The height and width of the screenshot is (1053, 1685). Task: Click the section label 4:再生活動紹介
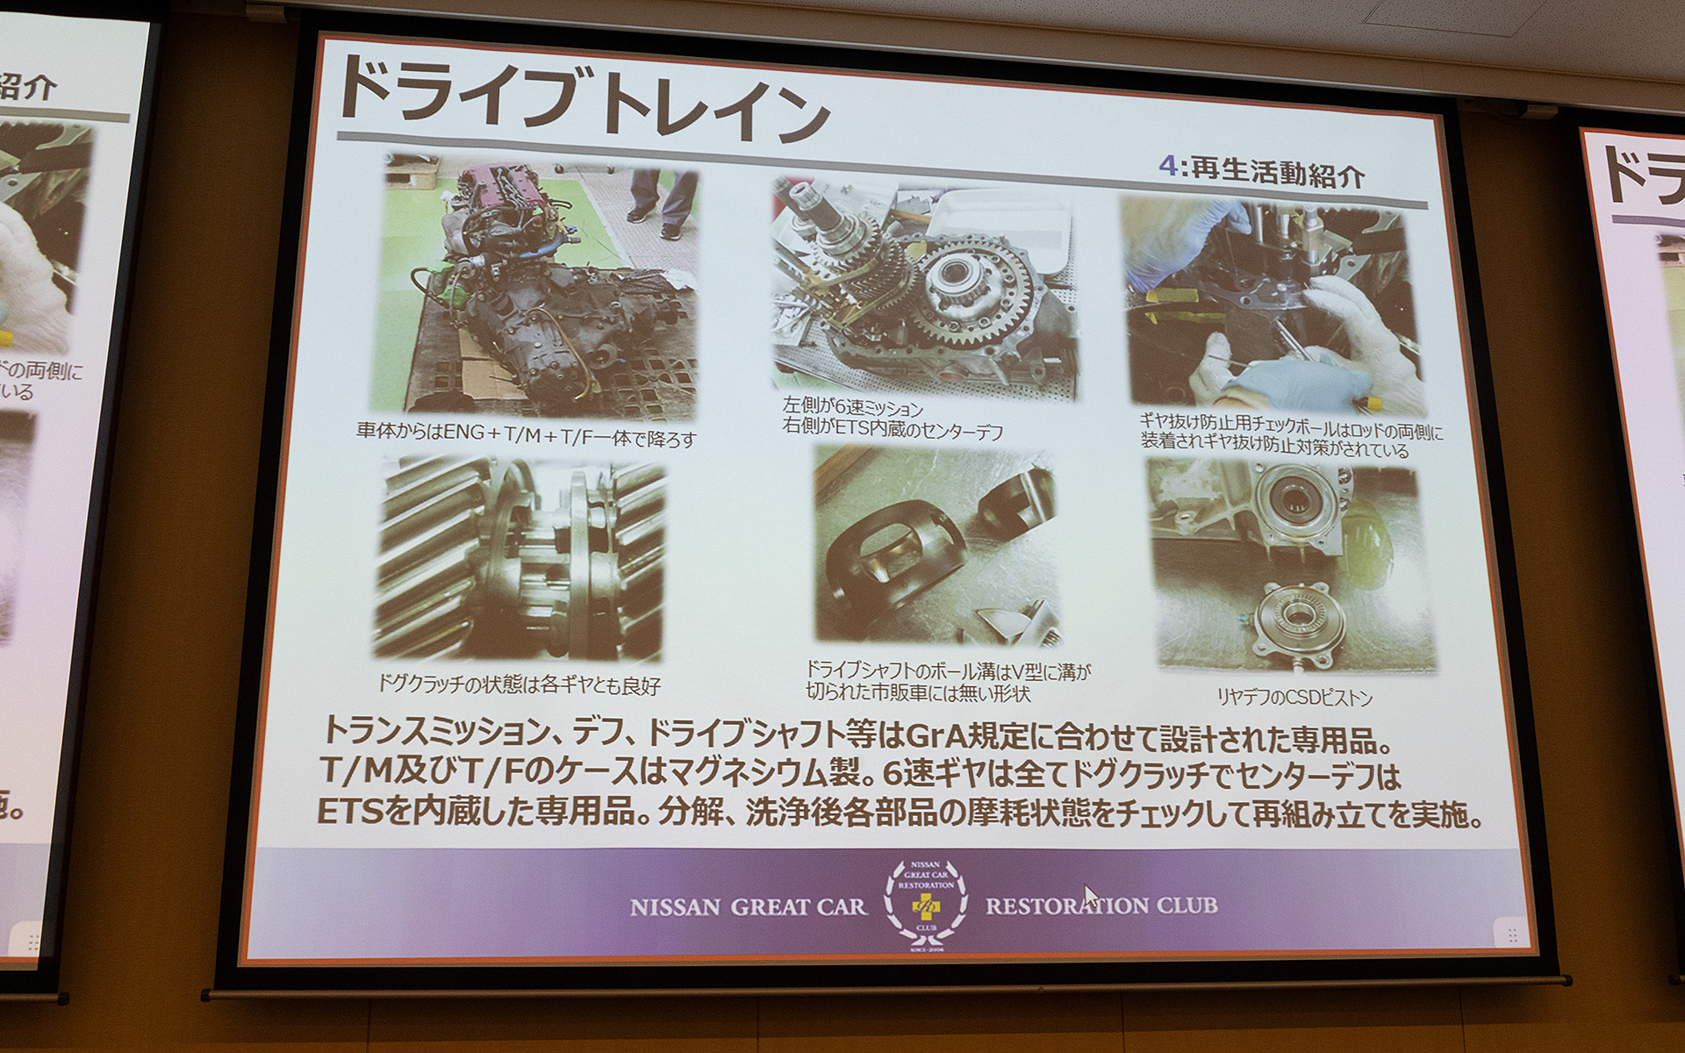pos(1261,169)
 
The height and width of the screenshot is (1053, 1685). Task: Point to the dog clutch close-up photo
pos(520,559)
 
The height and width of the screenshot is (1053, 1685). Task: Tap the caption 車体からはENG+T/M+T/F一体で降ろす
pos(527,434)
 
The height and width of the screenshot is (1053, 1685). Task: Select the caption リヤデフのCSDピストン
pos(1294,698)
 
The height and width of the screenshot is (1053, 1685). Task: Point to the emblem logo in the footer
pos(926,904)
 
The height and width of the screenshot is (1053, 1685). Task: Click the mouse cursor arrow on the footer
pos(1089,895)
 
